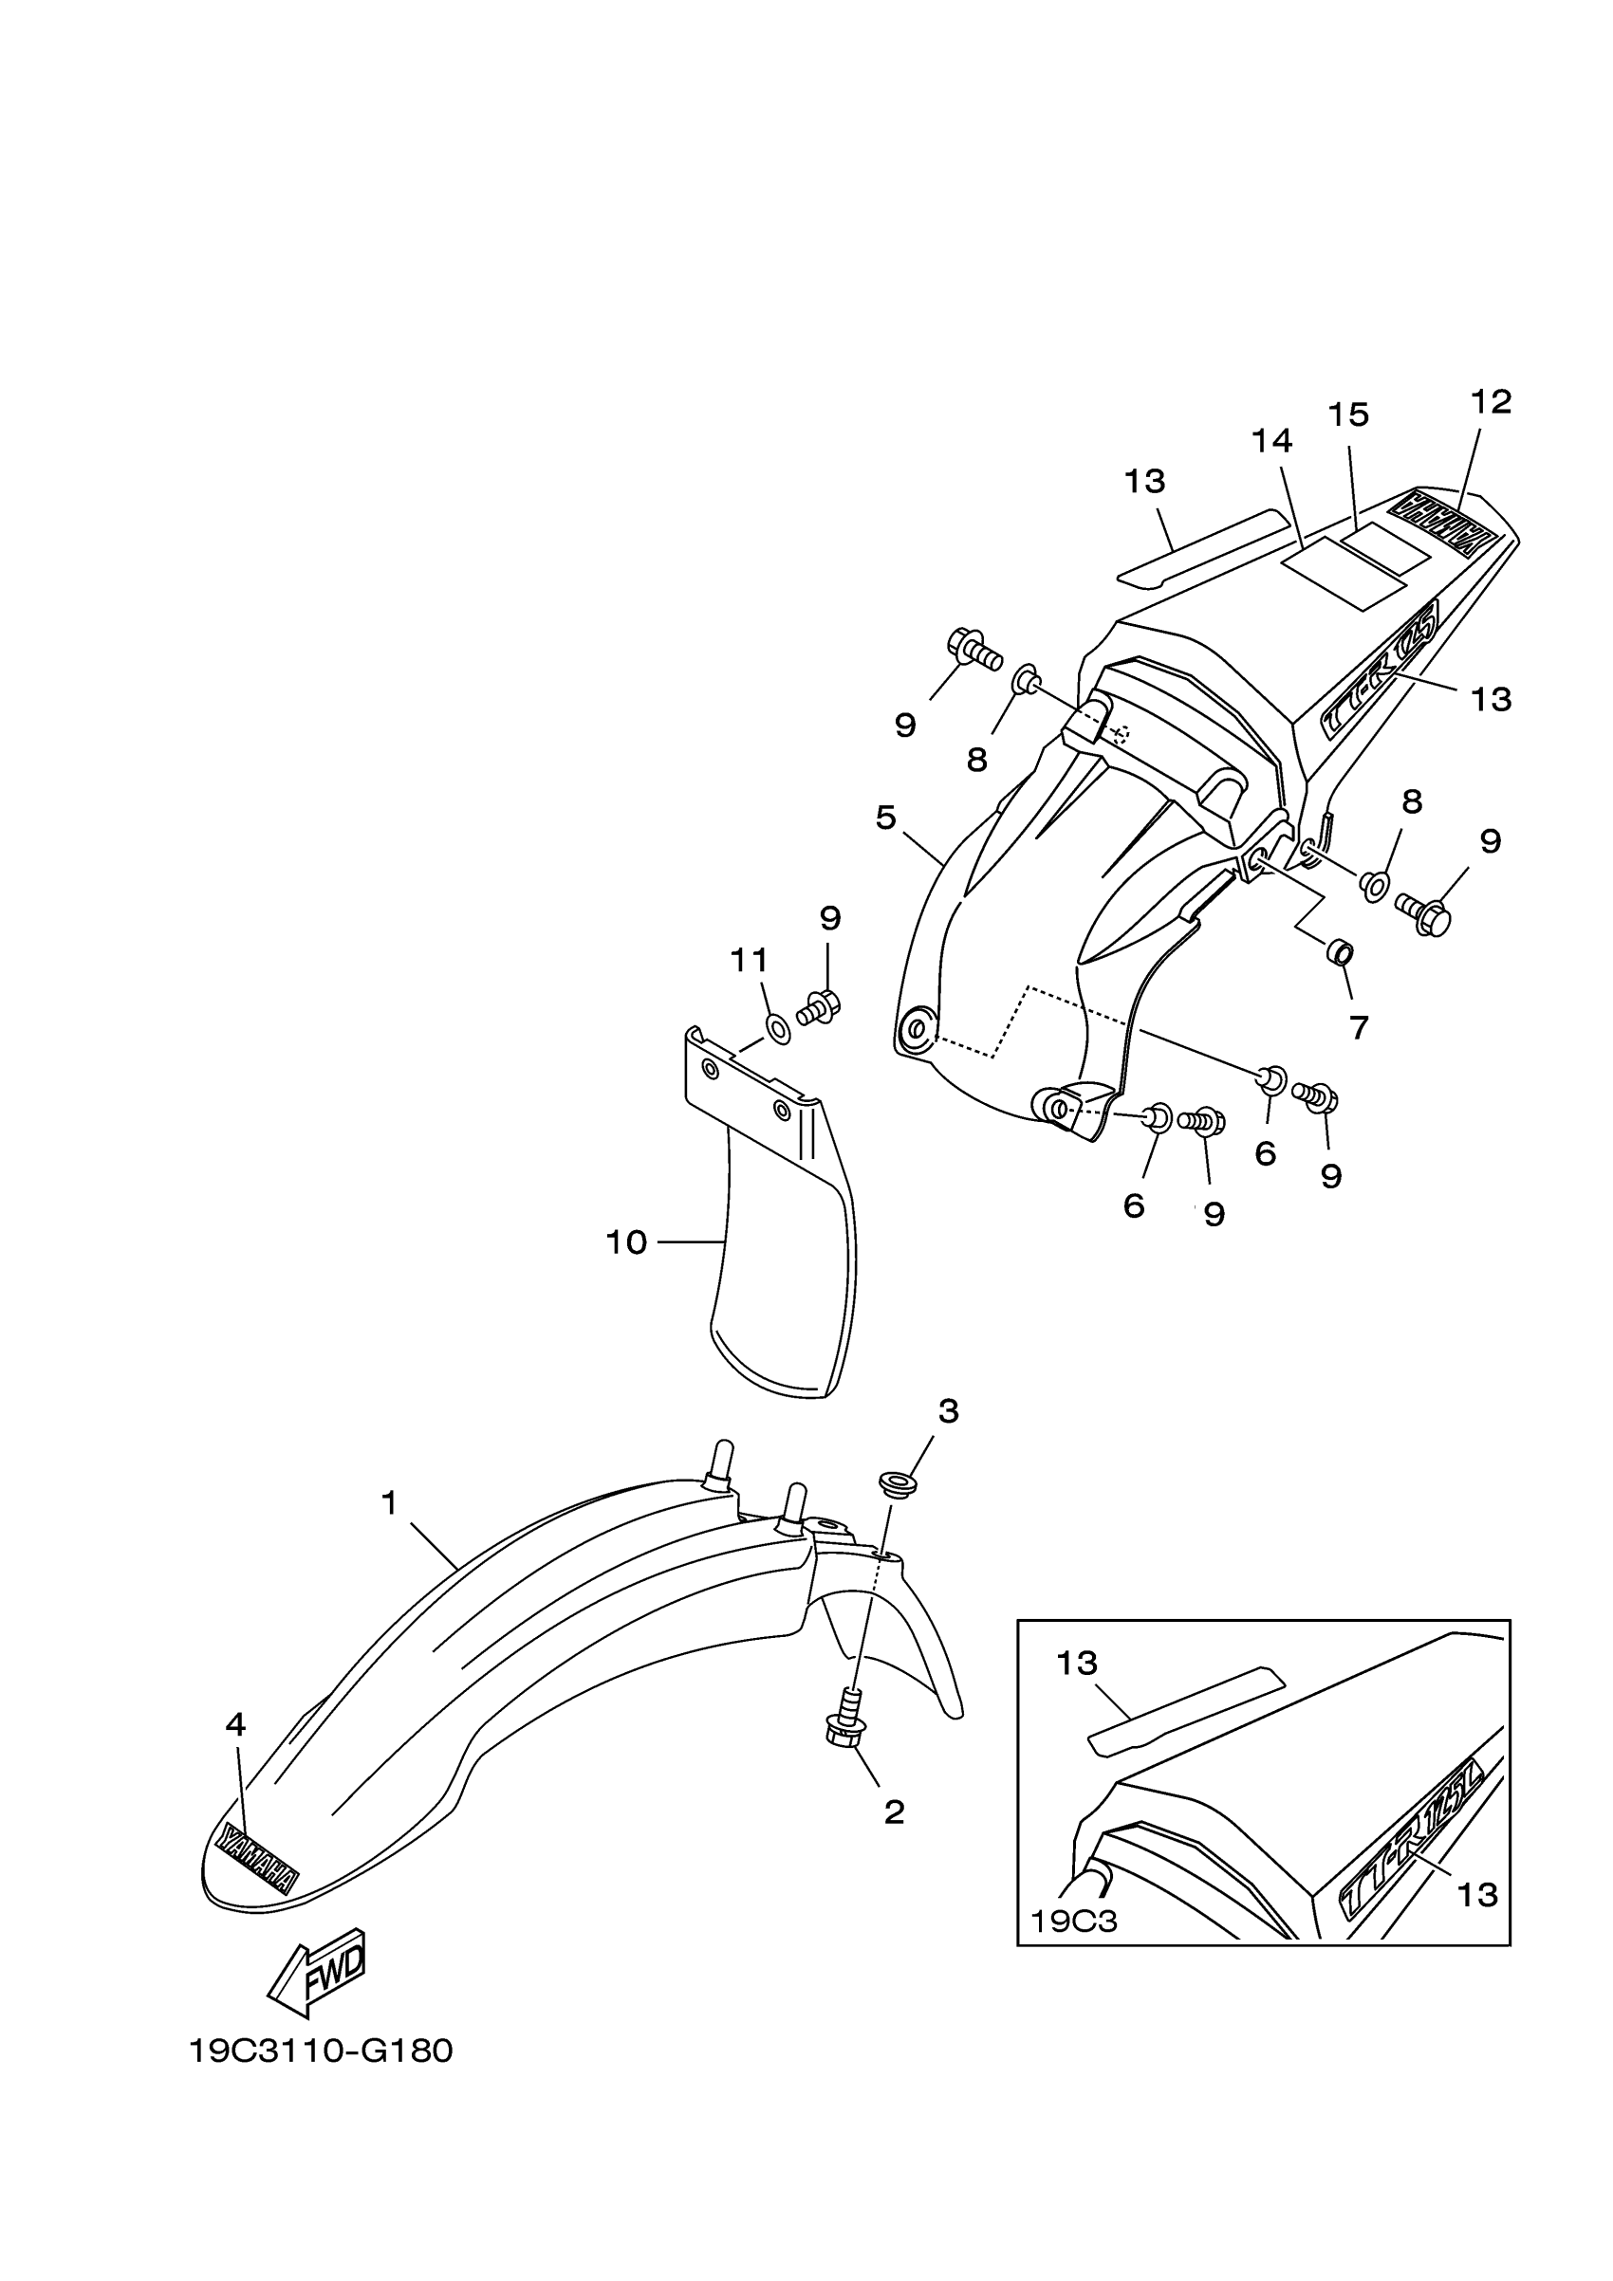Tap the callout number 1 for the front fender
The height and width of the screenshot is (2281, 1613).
point(389,1503)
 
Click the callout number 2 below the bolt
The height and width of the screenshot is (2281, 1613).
point(894,1813)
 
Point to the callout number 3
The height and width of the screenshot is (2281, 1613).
point(948,1410)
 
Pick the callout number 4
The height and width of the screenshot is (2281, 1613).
point(235,1724)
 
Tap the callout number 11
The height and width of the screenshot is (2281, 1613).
point(750,960)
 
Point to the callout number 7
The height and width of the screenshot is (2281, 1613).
point(1359,1027)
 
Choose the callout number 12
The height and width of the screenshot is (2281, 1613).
point(1491,402)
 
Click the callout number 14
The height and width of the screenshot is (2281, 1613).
point(1272,441)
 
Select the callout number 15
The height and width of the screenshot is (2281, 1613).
point(1348,415)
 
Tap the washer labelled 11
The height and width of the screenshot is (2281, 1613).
point(778,1029)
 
